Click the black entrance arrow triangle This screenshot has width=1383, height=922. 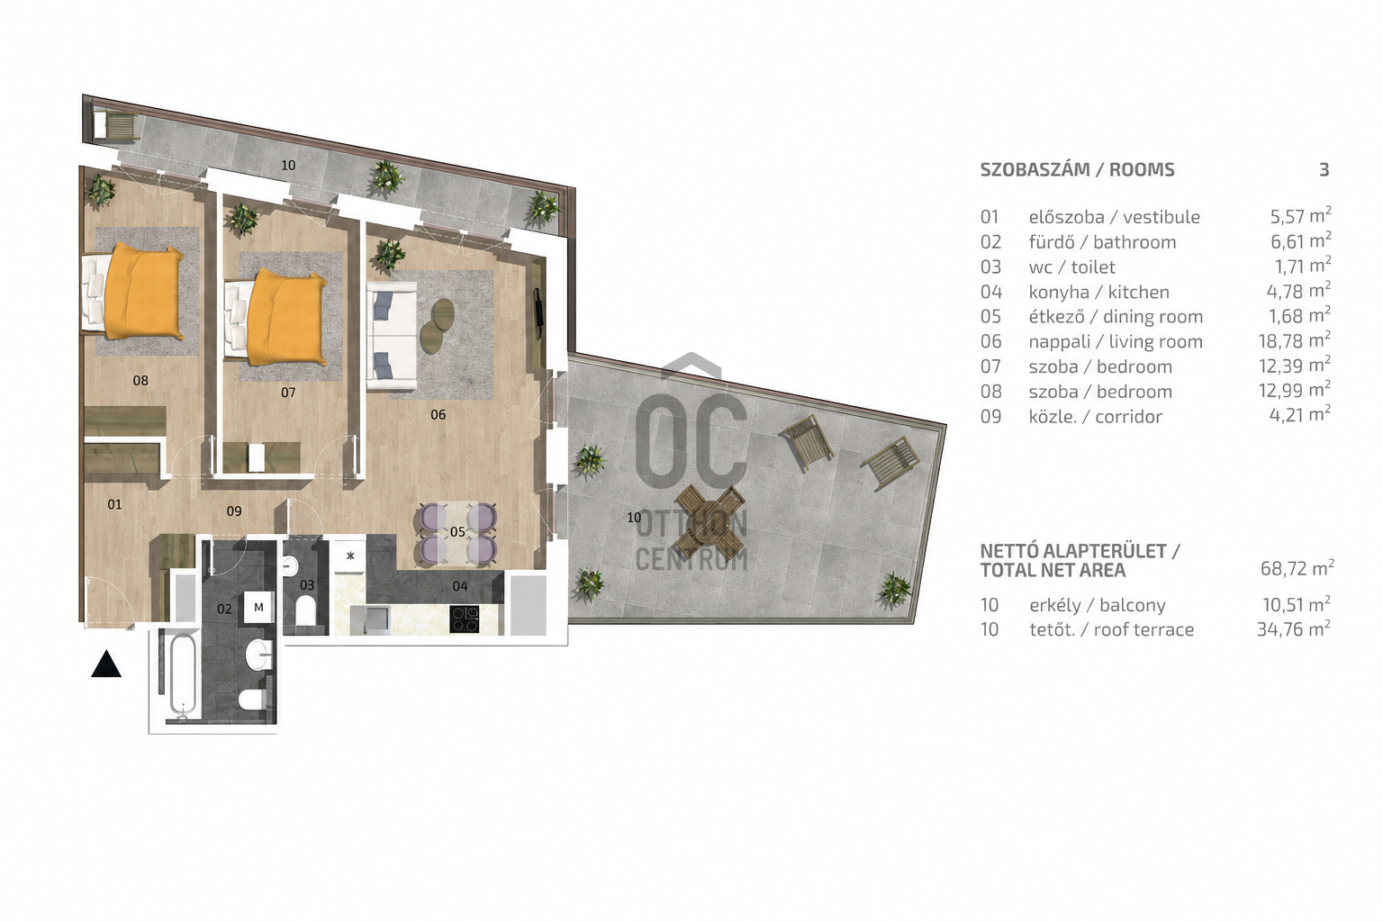click(x=106, y=664)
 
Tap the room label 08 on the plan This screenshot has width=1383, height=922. click(x=140, y=380)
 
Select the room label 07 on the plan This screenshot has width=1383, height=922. click(x=288, y=393)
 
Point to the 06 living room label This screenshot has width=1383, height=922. click(x=438, y=414)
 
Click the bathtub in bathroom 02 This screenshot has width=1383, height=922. click(x=182, y=675)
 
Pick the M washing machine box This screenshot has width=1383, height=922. click(x=258, y=607)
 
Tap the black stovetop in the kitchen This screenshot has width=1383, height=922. click(x=465, y=619)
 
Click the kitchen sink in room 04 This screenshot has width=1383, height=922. click(x=370, y=619)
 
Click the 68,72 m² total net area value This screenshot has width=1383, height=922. click(x=1297, y=567)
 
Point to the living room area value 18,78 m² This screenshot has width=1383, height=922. click(x=1295, y=340)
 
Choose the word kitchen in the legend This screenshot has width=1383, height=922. click(x=1138, y=292)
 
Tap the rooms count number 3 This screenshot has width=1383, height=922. click(x=1324, y=170)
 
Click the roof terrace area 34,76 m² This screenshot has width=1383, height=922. click(x=1294, y=628)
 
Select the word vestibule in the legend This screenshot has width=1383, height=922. click(x=1162, y=217)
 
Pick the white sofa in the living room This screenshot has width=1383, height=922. click(x=392, y=337)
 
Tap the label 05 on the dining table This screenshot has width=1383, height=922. click(x=457, y=532)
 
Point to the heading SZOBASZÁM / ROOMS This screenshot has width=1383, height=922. click(x=1078, y=170)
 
